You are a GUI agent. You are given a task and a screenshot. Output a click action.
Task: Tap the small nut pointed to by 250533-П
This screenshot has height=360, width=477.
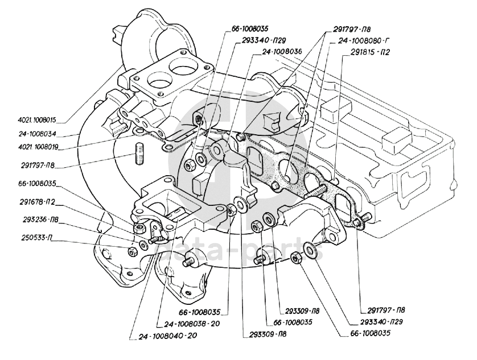click(131, 250)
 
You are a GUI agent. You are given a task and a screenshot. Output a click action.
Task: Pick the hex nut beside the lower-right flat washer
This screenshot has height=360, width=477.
click(295, 258)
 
